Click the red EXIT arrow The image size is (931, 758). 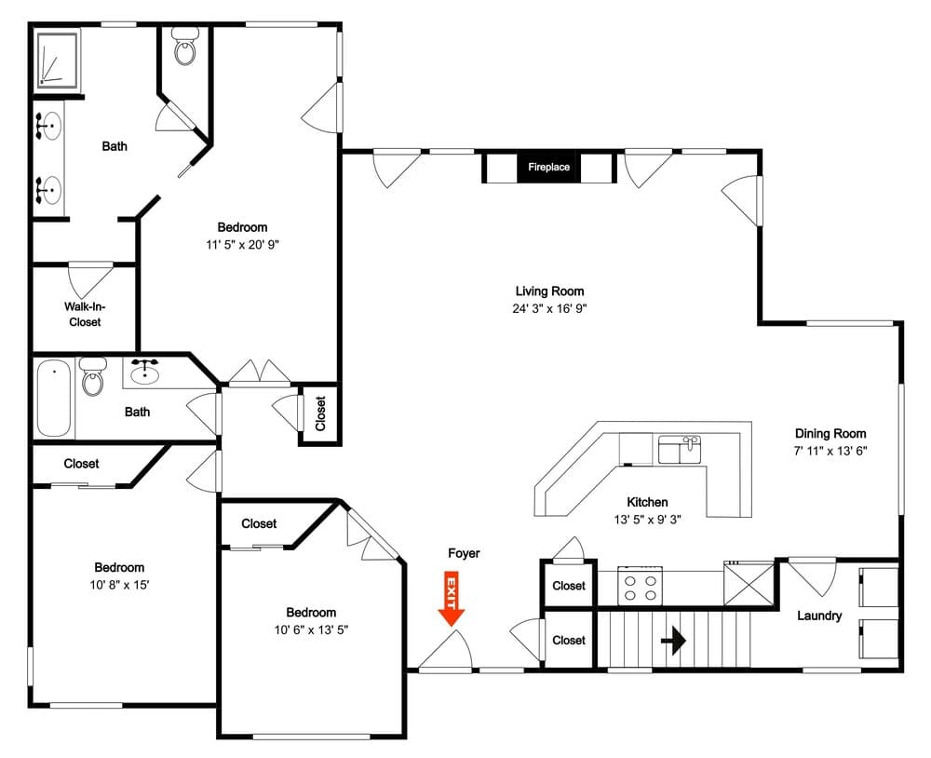(452, 599)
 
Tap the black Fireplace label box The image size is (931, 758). (548, 168)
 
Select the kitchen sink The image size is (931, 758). (680, 449)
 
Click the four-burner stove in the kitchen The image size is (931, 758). (641, 586)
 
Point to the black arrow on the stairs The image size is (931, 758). (673, 641)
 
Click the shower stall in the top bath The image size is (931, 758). (58, 61)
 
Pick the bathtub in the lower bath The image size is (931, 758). (54, 398)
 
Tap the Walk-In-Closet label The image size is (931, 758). (85, 314)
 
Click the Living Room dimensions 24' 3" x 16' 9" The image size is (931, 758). (550, 308)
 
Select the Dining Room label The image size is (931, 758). (830, 433)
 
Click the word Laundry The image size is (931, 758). (818, 616)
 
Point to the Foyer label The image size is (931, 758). (464, 553)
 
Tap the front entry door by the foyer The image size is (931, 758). (445, 651)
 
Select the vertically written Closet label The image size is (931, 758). (320, 413)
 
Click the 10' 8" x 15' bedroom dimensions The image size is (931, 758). (119, 585)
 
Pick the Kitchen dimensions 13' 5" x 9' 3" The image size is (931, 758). (647, 520)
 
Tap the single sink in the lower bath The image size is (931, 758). (144, 372)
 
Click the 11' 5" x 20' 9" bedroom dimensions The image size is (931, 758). (242, 245)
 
